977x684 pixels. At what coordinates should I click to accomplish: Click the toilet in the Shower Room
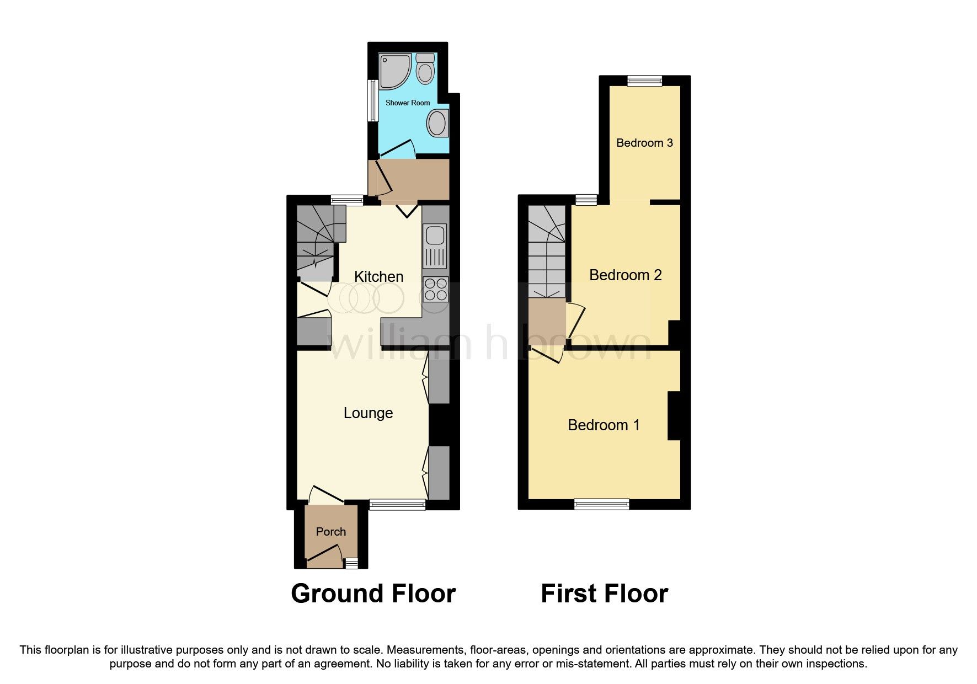[425, 70]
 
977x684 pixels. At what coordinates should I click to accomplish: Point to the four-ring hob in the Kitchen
[435, 290]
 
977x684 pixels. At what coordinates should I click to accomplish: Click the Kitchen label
[378, 276]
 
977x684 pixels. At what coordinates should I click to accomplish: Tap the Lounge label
[368, 413]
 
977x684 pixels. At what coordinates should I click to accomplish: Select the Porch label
[330, 532]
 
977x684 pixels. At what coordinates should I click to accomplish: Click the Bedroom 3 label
[644, 143]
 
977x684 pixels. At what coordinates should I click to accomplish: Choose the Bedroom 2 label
[625, 275]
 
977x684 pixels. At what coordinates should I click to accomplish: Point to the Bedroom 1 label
[604, 425]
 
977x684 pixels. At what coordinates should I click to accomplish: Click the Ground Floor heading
[373, 594]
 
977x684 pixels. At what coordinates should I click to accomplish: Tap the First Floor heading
[604, 594]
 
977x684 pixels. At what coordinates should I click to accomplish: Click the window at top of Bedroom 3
[644, 81]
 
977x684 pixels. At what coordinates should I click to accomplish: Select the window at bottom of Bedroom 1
[601, 504]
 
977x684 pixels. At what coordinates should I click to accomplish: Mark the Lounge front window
[397, 504]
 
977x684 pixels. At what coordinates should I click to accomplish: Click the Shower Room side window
[373, 100]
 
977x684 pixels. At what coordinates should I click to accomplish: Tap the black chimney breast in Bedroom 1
[674, 415]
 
